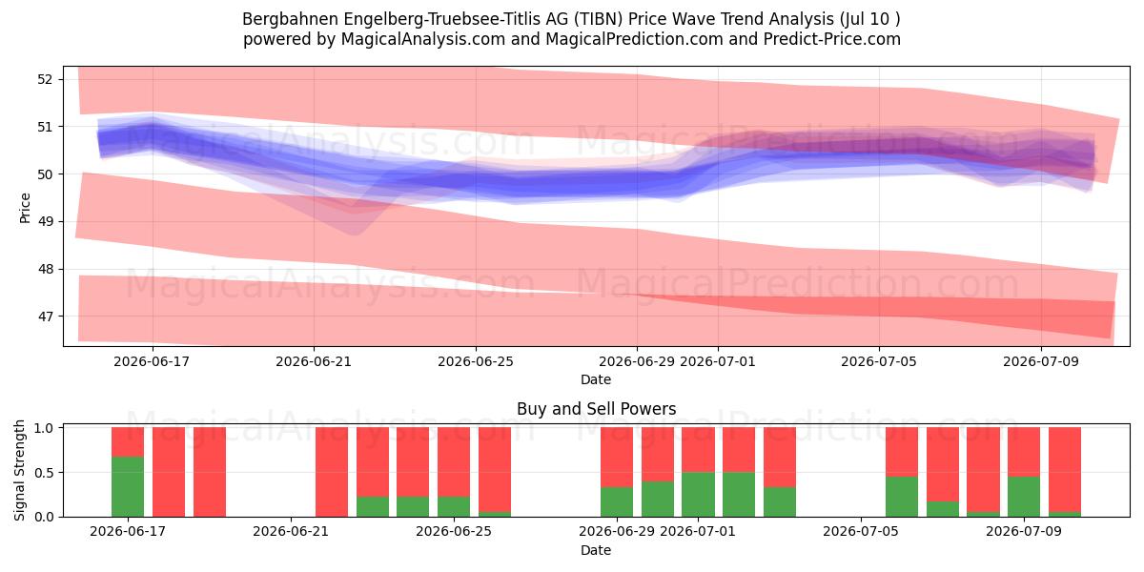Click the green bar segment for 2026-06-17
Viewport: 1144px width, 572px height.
(x=128, y=486)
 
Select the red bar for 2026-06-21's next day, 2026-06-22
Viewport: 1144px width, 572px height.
(x=332, y=472)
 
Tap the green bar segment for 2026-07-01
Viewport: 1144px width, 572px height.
(x=698, y=495)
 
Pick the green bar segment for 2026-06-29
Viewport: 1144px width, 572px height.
(x=617, y=501)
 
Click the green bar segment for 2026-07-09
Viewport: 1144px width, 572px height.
(x=1024, y=497)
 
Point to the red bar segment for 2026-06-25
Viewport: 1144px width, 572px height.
(x=454, y=461)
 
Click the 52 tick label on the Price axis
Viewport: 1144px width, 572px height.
(x=45, y=79)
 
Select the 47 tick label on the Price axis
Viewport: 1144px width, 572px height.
(x=45, y=317)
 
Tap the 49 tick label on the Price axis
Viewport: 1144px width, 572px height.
(x=45, y=221)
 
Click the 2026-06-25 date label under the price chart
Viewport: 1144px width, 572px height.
(x=476, y=361)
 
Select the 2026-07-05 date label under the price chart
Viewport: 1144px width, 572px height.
(x=879, y=361)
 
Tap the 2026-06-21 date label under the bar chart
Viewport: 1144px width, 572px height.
(x=291, y=531)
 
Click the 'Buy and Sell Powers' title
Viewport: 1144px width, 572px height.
(x=597, y=409)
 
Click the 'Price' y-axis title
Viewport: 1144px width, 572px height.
(x=25, y=208)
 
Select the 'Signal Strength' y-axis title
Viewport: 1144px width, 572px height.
(x=19, y=470)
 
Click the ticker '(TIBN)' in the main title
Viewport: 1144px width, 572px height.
(x=598, y=19)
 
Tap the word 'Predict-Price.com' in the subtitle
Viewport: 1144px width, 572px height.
(x=832, y=39)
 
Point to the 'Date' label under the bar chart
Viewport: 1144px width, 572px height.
(x=596, y=550)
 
